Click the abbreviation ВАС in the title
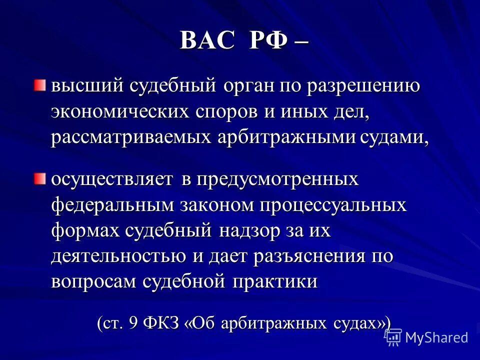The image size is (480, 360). pyautogui.click(x=206, y=40)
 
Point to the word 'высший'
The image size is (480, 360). pyautogui.click(x=80, y=85)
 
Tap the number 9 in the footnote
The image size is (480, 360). pyautogui.click(x=132, y=322)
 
